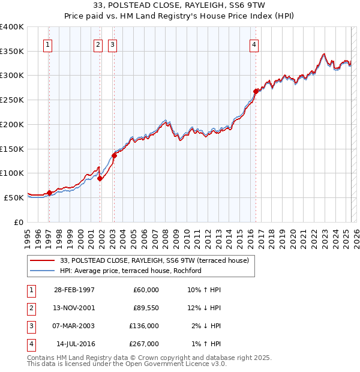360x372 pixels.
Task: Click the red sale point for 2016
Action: point(256,91)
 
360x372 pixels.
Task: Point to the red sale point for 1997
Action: point(49,193)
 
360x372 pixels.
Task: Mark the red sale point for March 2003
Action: point(113,155)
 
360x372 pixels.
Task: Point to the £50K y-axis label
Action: point(14,197)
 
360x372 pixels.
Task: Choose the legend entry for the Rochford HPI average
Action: point(130,271)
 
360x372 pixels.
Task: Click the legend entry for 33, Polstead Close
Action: point(158,260)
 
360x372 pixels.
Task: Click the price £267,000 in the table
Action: point(144,344)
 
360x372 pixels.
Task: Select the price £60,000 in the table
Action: point(146,290)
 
